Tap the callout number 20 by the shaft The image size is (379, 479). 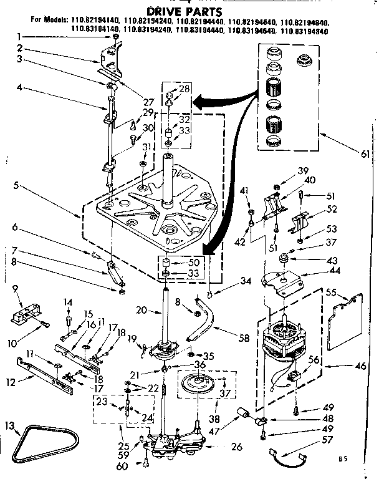[142, 310]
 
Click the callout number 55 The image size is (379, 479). [332, 291]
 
